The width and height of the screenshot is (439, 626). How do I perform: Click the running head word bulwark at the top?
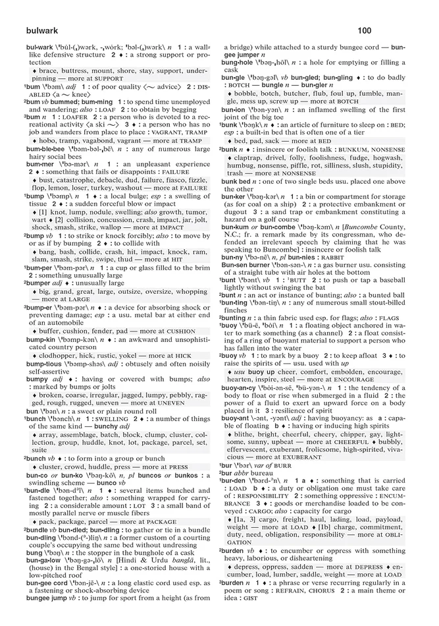click(x=42, y=30)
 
